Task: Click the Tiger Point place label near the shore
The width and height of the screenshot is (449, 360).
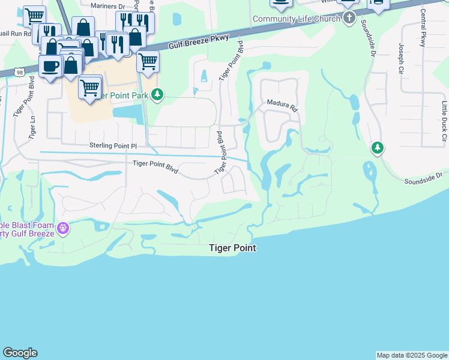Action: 232,248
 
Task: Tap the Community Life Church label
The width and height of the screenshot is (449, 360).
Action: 296,19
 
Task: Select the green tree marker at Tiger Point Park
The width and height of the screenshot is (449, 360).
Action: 157,94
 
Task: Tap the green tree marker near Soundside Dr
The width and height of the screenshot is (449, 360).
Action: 377,147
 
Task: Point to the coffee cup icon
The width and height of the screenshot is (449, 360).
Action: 50,64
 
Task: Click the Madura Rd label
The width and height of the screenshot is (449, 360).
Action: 282,106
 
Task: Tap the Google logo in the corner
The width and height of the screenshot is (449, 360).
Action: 20,353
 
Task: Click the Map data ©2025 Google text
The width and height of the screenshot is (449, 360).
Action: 412,355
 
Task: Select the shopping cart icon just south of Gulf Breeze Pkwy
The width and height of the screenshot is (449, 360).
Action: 148,60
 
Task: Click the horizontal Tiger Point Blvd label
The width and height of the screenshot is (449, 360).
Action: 155,166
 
